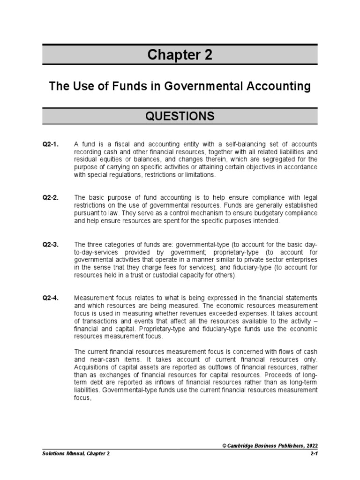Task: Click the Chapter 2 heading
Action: click(x=180, y=55)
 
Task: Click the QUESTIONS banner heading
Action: click(x=180, y=116)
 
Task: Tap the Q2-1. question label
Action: click(x=50, y=144)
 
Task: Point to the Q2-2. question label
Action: click(x=50, y=198)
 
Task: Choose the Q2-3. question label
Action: click(x=50, y=245)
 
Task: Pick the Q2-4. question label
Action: click(x=50, y=299)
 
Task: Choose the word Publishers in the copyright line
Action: click(x=285, y=446)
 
